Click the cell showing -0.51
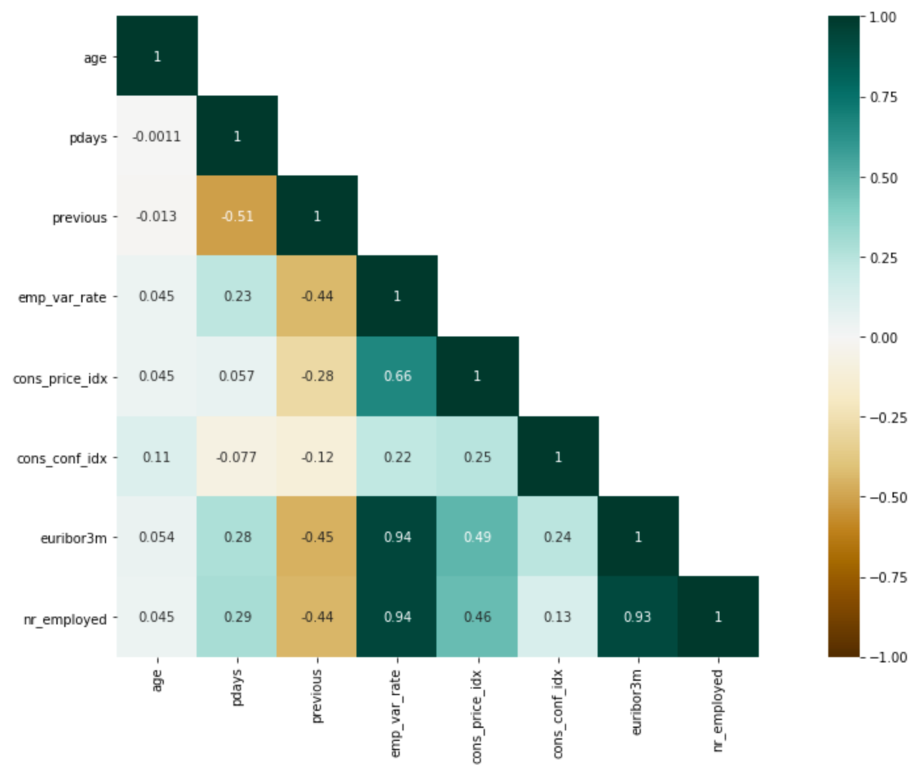(237, 216)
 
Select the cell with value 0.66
(397, 376)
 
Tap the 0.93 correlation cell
(638, 617)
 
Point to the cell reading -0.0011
(157, 136)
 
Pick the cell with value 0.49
(477, 537)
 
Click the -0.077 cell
(237, 457)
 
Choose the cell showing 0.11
(157, 457)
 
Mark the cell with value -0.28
(317, 376)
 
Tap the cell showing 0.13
(558, 617)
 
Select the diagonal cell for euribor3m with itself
(638, 537)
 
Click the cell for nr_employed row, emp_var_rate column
(397, 617)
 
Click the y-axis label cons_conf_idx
(62, 458)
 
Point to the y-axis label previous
(79, 217)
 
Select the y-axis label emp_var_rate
(62, 298)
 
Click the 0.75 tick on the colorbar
(883, 98)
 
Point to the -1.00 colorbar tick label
(888, 657)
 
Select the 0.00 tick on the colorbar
(883, 338)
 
